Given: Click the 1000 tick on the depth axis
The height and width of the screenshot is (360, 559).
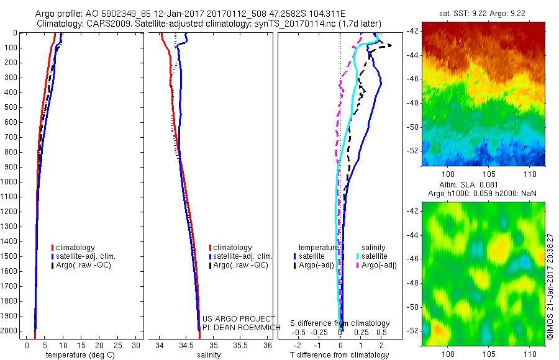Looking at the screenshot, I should [x=12, y=182].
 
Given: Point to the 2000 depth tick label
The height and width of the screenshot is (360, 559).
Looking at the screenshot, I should [x=12, y=331].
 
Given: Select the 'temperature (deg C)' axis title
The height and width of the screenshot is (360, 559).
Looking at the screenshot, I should [x=81, y=355].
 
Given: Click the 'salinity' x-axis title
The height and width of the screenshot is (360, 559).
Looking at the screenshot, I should [x=209, y=355].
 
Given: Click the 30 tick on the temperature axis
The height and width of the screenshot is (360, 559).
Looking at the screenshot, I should [x=136, y=345].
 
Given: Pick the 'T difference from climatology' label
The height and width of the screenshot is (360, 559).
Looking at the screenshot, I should [x=340, y=355].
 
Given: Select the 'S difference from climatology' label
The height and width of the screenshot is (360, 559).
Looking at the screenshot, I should [x=340, y=323].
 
